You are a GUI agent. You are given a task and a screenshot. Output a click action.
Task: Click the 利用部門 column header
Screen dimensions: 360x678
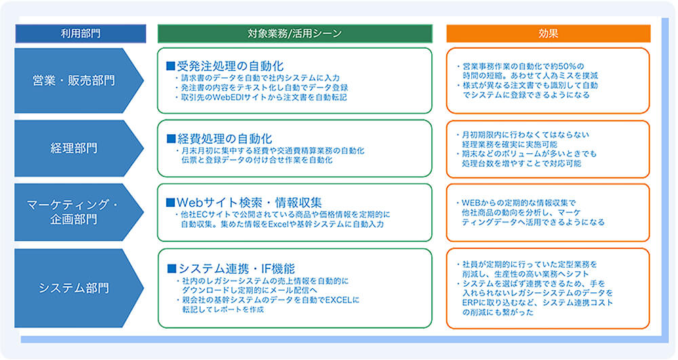[x=80, y=33]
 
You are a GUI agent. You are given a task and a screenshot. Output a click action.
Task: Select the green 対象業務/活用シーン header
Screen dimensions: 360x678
[x=294, y=33]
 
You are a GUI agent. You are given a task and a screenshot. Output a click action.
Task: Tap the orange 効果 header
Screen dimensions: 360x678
[x=548, y=33]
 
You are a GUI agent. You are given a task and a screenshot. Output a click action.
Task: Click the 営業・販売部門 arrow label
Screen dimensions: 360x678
[x=74, y=81]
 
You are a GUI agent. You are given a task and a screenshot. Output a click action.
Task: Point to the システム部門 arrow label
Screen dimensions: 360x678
[x=74, y=287]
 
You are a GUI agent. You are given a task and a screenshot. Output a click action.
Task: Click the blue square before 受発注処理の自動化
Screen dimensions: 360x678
[x=171, y=66]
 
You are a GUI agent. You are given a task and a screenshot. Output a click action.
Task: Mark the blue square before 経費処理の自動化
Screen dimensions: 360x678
[x=171, y=138]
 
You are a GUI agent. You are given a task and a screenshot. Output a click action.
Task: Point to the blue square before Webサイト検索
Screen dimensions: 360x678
[x=171, y=202]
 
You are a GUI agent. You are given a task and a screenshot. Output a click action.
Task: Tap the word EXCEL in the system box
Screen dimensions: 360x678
[x=343, y=299]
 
